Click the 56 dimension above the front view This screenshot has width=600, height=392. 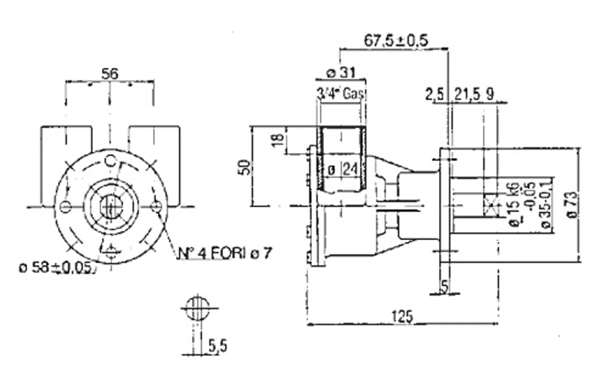(109, 74)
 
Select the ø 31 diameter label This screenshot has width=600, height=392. (340, 73)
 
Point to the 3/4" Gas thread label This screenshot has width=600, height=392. (341, 94)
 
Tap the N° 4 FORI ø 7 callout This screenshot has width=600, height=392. (224, 254)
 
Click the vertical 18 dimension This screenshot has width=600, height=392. (277, 140)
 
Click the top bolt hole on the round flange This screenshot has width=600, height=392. (110, 160)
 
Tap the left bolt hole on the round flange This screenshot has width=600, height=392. (65, 207)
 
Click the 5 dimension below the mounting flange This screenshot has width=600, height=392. (444, 285)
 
